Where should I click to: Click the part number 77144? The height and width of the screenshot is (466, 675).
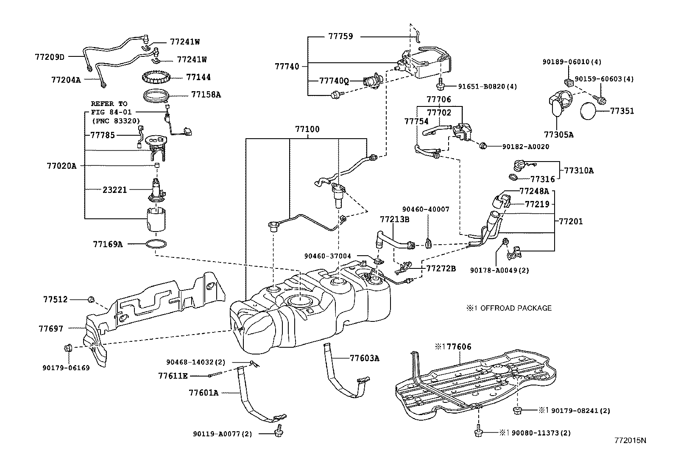pyautogui.click(x=198, y=77)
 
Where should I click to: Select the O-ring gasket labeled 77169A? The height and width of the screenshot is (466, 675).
pyautogui.click(x=156, y=244)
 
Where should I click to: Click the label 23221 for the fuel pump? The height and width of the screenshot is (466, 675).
pyautogui.click(x=114, y=190)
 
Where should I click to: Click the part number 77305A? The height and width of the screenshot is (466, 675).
pyautogui.click(x=559, y=135)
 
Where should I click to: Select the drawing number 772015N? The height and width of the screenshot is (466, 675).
pyautogui.click(x=630, y=440)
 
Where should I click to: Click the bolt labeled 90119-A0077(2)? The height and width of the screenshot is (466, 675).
pyautogui.click(x=279, y=431)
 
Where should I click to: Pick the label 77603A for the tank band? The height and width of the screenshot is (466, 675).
pyautogui.click(x=364, y=358)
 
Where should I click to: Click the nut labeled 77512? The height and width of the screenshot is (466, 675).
pyautogui.click(x=91, y=300)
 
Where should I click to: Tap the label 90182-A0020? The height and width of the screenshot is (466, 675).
pyautogui.click(x=525, y=147)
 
